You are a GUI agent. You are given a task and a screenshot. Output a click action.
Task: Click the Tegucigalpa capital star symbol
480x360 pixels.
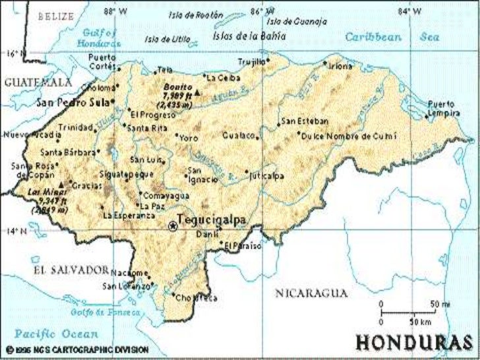click(173, 226)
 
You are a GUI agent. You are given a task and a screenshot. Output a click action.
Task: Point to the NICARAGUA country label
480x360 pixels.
click(311, 292)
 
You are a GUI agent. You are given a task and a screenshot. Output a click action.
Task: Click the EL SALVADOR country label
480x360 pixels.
click(71, 270)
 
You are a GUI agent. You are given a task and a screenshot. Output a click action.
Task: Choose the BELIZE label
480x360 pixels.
click(56, 16)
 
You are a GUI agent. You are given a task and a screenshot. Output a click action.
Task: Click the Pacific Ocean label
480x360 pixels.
click(57, 334)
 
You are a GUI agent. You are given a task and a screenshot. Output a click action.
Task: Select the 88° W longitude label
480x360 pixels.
click(115, 11)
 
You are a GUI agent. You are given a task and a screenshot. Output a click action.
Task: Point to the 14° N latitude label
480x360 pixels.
click(17, 231)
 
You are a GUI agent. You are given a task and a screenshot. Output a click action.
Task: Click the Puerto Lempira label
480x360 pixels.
click(443, 108)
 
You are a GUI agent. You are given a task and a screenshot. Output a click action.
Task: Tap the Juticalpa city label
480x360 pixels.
click(268, 176)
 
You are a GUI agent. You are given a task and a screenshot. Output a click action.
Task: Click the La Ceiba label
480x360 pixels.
click(218, 77)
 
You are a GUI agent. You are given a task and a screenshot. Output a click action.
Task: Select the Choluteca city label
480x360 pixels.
click(198, 297)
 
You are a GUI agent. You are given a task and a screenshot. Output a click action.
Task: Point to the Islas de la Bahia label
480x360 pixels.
click(249, 36)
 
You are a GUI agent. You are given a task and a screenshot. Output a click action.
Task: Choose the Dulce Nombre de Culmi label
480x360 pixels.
click(349, 136)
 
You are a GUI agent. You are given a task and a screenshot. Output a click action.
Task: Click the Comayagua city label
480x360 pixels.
click(166, 196)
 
